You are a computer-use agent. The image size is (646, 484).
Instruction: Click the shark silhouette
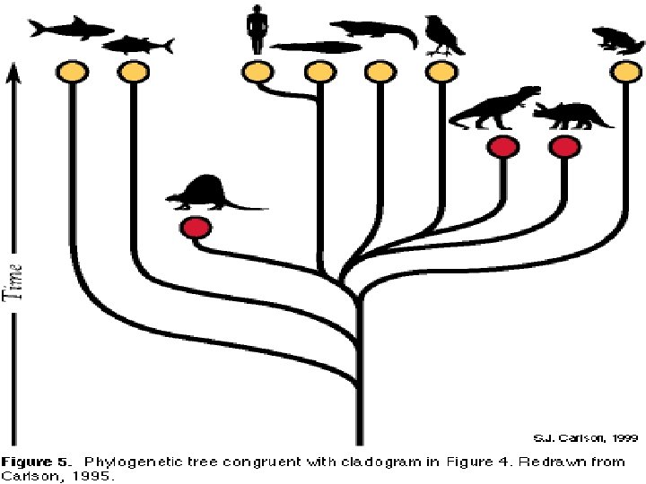tap(65, 30)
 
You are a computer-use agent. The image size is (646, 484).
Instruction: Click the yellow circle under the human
tap(258, 71)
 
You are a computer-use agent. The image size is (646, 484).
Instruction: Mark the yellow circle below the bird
tap(441, 71)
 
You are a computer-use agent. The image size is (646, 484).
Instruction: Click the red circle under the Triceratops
tap(564, 147)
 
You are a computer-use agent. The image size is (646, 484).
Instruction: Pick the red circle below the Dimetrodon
tap(195, 229)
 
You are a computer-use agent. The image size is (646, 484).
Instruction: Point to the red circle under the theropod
tap(502, 147)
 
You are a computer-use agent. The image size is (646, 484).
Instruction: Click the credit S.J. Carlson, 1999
tap(572, 439)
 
